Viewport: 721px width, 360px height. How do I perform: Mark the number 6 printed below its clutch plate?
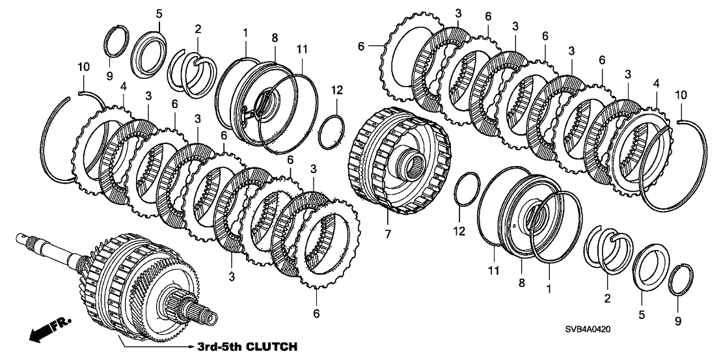(x=316, y=313)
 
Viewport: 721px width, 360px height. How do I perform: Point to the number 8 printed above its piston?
(x=275, y=37)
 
